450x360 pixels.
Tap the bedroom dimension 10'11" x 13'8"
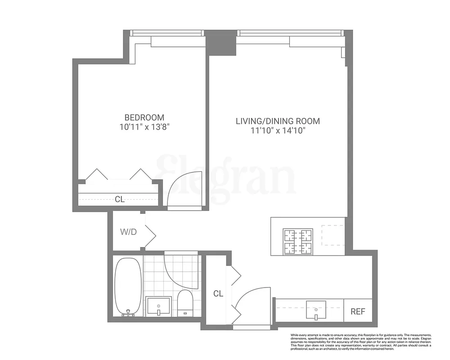point(144,127)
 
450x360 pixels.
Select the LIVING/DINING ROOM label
point(278,121)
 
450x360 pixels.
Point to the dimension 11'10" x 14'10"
point(278,131)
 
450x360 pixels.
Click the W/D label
point(129,232)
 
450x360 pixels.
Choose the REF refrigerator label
point(358,310)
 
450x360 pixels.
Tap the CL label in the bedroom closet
point(119,199)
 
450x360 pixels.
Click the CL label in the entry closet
point(218,294)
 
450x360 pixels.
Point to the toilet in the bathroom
point(185,302)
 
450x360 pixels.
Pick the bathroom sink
point(159,306)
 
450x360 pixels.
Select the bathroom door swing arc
point(180,270)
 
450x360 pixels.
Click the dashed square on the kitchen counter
point(332,234)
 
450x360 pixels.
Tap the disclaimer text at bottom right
point(360,342)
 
